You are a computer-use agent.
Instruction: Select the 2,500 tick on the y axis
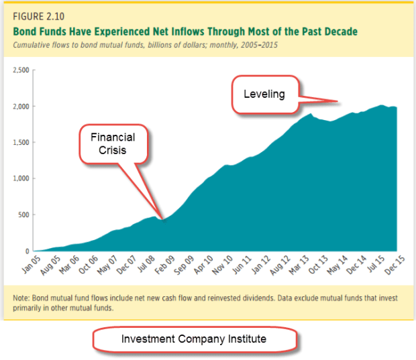pos(20,70)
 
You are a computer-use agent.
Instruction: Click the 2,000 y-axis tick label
pos(20,106)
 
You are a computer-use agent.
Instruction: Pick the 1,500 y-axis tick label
pos(20,142)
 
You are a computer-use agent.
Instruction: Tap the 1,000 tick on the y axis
pos(20,178)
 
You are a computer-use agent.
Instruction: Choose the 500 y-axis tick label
pos(23,215)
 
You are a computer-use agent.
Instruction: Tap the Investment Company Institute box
pos(194,339)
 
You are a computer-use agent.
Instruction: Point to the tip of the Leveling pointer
pos(337,101)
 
